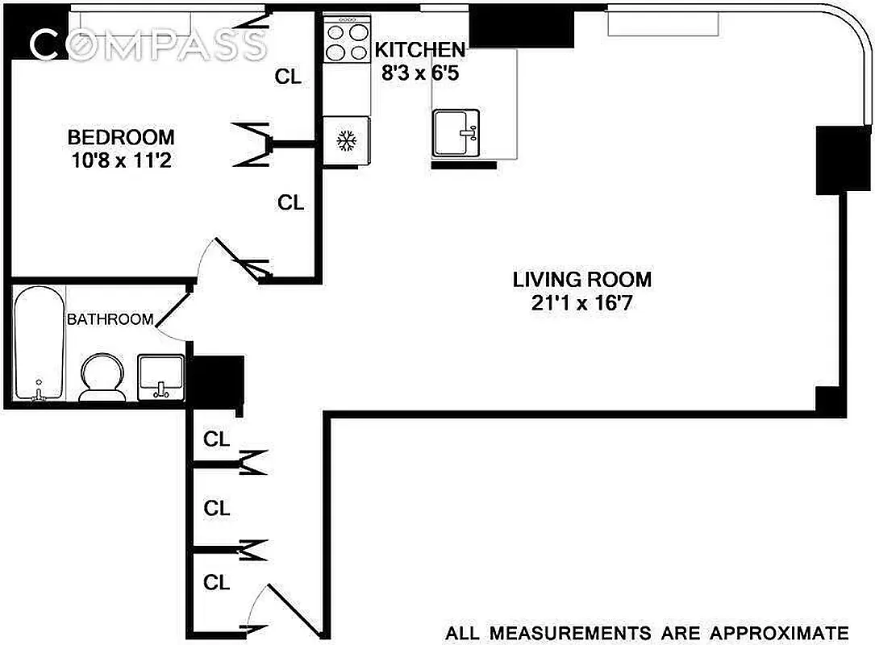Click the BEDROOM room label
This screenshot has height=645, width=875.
tap(120, 136)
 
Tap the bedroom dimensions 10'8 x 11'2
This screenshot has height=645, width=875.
tap(120, 160)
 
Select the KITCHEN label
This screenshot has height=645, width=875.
tap(419, 48)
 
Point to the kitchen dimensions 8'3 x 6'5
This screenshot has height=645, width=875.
tap(419, 71)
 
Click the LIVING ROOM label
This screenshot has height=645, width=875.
tap(582, 280)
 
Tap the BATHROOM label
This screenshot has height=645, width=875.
tap(110, 319)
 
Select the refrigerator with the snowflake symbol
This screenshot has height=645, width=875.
tap(347, 142)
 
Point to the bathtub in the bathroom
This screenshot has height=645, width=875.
tap(39, 342)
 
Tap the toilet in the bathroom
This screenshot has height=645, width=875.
tap(102, 377)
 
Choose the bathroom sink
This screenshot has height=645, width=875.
tap(161, 377)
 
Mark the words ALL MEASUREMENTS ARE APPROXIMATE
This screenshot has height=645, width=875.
tap(647, 631)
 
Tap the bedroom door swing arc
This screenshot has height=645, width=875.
tap(215, 256)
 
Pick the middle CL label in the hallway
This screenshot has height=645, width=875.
tap(217, 509)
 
